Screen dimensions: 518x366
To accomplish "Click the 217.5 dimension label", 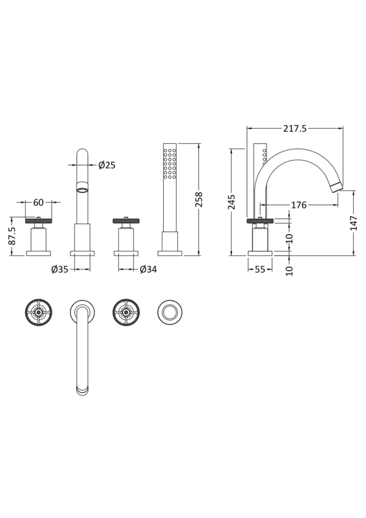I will pos(294,129).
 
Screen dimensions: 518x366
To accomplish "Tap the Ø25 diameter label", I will pos(107,166).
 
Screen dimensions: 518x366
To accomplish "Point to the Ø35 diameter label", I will pos(59,269).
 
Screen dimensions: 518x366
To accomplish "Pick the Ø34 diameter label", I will pos(148,269).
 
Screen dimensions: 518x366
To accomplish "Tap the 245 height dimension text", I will pos(232,202).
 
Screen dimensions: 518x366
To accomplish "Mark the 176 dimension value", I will pos(298,205).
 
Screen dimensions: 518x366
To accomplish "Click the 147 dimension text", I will pos(353,223).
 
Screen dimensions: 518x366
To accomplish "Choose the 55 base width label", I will pos(260,269).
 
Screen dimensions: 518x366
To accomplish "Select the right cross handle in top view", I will pos(126,313).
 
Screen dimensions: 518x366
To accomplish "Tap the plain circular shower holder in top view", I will pos(170,313).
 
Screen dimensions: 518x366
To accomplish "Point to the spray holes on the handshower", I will pos(170,164).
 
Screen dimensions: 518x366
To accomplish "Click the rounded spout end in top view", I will pos(82,390).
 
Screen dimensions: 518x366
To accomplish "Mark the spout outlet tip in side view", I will pos(336,187).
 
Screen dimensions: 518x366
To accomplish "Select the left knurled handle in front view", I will pos(38,221).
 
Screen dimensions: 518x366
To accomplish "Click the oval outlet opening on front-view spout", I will pos(82,189).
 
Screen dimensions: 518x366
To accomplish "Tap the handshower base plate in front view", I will pos(170,253).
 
